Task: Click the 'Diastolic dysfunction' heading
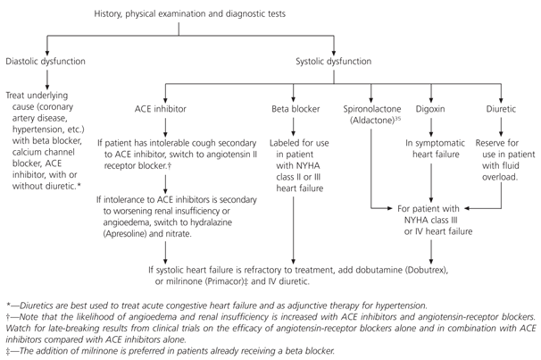click(x=45, y=61)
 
